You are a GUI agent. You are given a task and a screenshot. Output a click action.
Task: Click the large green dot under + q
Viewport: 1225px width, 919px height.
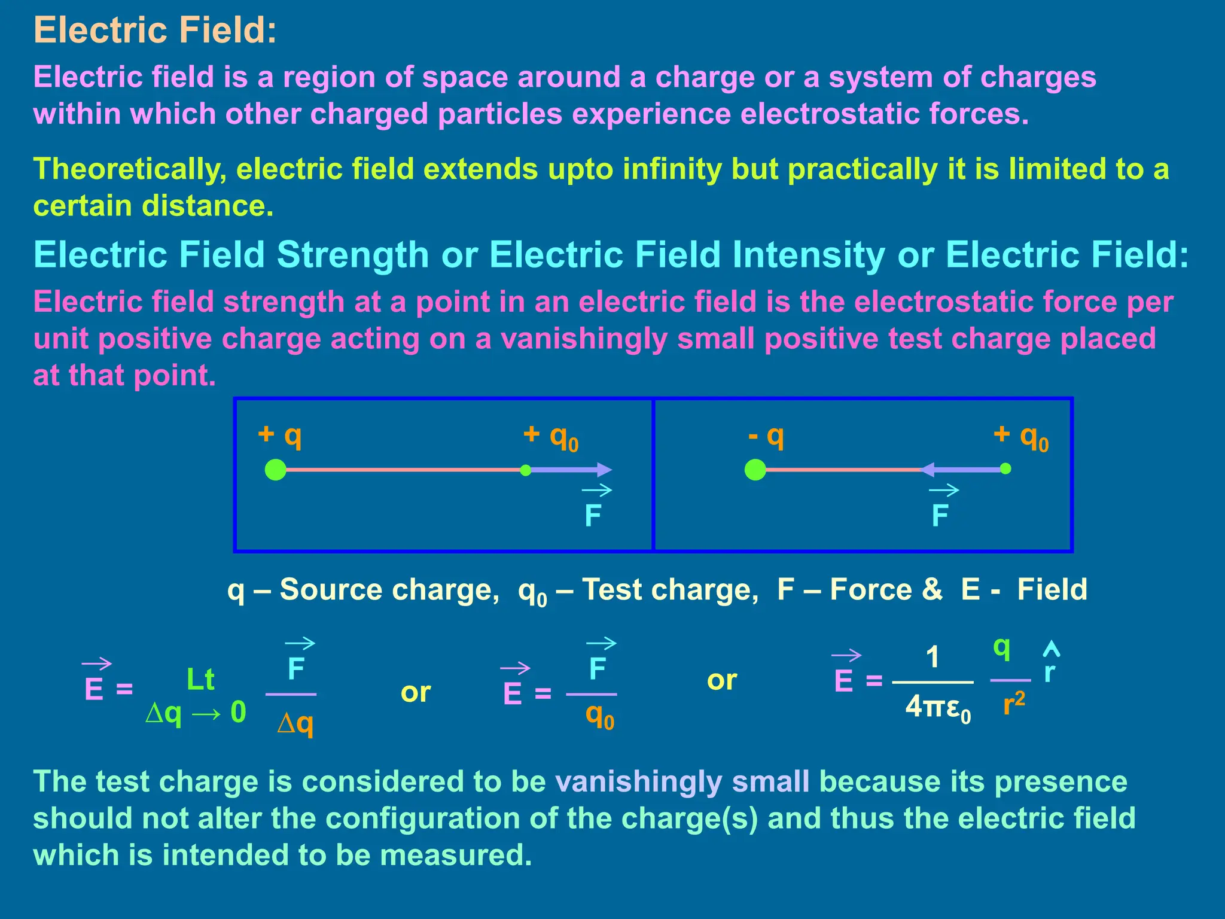click(x=275, y=470)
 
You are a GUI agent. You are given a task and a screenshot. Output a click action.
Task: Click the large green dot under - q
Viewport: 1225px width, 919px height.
click(x=755, y=470)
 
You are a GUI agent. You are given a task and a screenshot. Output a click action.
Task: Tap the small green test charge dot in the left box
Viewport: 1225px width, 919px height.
click(x=525, y=470)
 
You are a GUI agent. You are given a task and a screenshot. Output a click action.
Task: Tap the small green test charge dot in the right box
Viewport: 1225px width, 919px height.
click(x=1005, y=468)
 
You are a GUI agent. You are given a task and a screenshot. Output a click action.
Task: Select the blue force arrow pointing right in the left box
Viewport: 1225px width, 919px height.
click(x=571, y=470)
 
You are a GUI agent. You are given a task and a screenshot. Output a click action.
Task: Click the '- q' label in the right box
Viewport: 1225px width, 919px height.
click(x=766, y=436)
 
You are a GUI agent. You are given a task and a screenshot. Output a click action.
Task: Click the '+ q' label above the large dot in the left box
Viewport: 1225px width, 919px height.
click(x=280, y=435)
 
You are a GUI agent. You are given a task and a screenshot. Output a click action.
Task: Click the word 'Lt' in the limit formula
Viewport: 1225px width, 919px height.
click(x=200, y=680)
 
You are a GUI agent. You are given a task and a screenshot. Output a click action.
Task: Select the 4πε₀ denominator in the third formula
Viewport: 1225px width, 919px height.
click(x=937, y=708)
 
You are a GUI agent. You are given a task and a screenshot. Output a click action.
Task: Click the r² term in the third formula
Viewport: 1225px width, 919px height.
click(x=1014, y=704)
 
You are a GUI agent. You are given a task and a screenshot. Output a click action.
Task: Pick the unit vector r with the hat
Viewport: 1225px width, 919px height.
click(x=1050, y=667)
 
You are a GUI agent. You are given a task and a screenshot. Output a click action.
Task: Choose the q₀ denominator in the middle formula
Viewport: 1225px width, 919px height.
click(x=600, y=716)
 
